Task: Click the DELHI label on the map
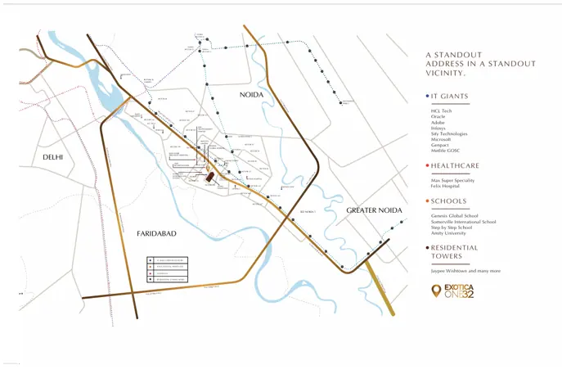pyautogui.click(x=53, y=157)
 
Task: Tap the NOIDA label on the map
pyautogui.click(x=251, y=96)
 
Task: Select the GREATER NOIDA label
pyautogui.click(x=375, y=210)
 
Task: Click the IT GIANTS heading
pyautogui.click(x=449, y=97)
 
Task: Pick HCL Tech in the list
pyautogui.click(x=442, y=111)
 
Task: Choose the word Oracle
pyautogui.click(x=438, y=117)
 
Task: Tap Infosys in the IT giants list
pyautogui.click(x=439, y=128)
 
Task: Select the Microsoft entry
pyautogui.click(x=442, y=139)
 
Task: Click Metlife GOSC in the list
pyautogui.click(x=446, y=151)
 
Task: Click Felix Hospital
pyautogui.click(x=446, y=186)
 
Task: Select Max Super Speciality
pyautogui.click(x=452, y=180)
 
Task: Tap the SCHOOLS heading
pyautogui.click(x=448, y=201)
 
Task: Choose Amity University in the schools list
pyautogui.click(x=449, y=233)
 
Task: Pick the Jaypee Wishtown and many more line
pyautogui.click(x=465, y=271)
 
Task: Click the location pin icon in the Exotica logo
pyautogui.click(x=436, y=291)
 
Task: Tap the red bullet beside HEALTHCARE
pyautogui.click(x=427, y=165)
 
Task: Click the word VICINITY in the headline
pyautogui.click(x=448, y=73)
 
